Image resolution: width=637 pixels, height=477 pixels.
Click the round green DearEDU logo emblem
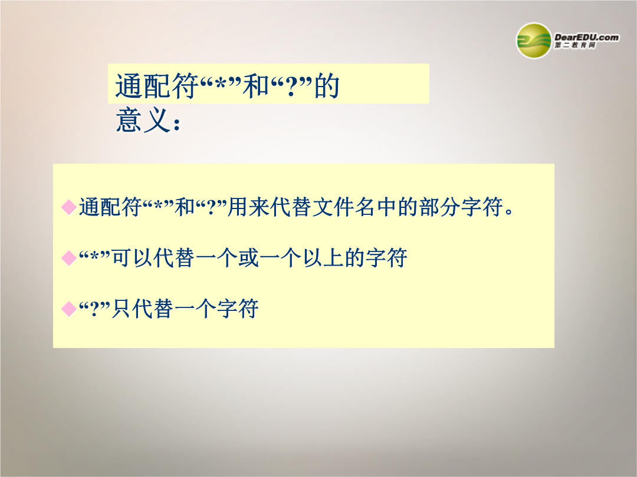[533, 41]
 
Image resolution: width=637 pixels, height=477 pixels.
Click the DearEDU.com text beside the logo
[587, 37]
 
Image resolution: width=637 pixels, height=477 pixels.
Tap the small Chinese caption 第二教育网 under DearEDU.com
[575, 45]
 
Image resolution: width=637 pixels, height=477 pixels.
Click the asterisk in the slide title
[220, 84]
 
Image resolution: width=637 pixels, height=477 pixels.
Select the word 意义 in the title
[142, 120]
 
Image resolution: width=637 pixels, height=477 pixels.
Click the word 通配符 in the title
[156, 86]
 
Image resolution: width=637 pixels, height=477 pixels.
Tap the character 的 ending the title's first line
[327, 86]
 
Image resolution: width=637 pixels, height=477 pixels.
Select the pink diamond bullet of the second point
[68, 258]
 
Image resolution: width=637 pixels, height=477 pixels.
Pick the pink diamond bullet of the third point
[68, 309]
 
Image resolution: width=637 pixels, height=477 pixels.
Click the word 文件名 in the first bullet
[343, 207]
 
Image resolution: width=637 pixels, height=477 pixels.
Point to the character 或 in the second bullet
[248, 258]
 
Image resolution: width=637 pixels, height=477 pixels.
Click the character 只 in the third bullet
[122, 309]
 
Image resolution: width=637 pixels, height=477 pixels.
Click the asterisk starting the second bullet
[94, 256]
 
